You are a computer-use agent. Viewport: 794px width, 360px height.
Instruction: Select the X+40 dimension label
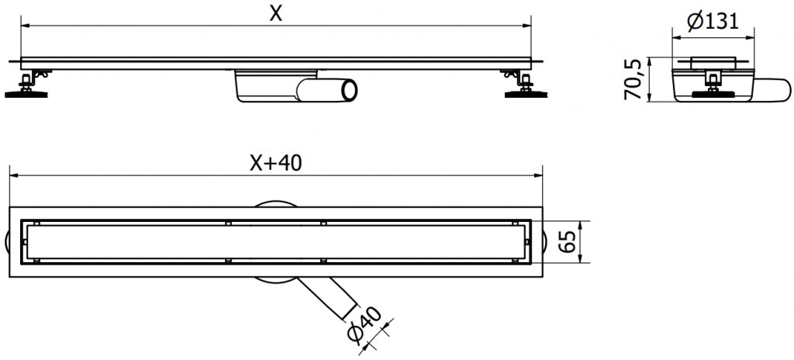(x=275, y=163)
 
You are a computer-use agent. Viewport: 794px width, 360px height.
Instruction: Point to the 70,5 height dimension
(x=634, y=79)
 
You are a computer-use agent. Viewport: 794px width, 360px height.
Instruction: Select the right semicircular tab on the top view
(x=547, y=242)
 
